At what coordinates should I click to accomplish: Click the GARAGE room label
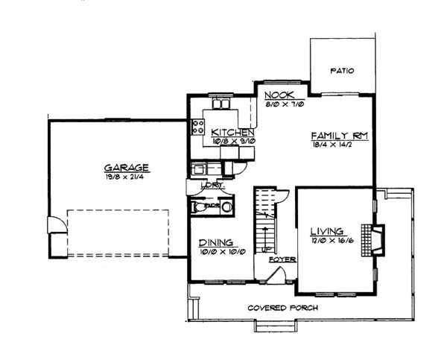pos(127,168)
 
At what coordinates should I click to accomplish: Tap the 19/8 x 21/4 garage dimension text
pos(126,177)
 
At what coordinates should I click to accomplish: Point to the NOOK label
pos(280,95)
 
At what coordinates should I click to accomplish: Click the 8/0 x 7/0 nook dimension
pos(280,104)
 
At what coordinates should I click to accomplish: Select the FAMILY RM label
pos(340,136)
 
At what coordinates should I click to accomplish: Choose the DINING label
pos(217,242)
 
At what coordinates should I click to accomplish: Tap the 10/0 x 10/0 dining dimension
pos(217,252)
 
